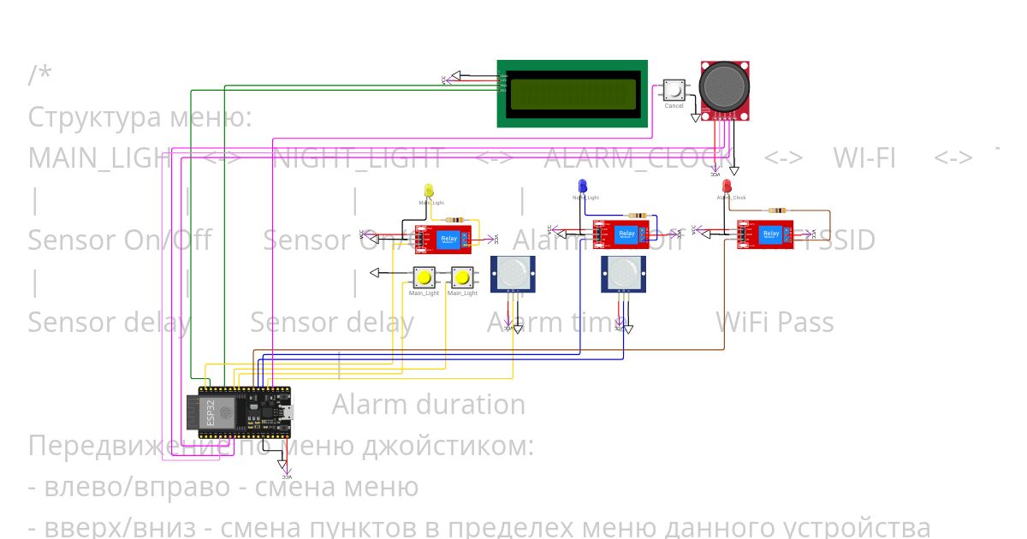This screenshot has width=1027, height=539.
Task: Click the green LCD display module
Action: [x=573, y=93]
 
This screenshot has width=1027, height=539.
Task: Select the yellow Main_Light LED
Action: [x=429, y=190]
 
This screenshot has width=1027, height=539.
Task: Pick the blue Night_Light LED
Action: [x=582, y=186]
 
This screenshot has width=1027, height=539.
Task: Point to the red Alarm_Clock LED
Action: [x=727, y=186]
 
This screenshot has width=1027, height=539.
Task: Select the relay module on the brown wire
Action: [x=765, y=234]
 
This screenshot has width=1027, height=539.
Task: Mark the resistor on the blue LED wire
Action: [x=638, y=216]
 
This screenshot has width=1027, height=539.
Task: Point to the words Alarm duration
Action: [x=428, y=404]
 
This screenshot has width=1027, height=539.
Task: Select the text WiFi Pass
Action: [x=774, y=323]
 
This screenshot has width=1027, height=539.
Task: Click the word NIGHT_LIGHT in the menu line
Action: [x=358, y=158]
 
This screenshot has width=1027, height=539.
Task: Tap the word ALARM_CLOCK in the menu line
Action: [x=638, y=158]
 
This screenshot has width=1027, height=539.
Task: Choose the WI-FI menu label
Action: [x=864, y=158]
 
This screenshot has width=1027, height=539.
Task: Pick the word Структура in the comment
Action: [x=94, y=117]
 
